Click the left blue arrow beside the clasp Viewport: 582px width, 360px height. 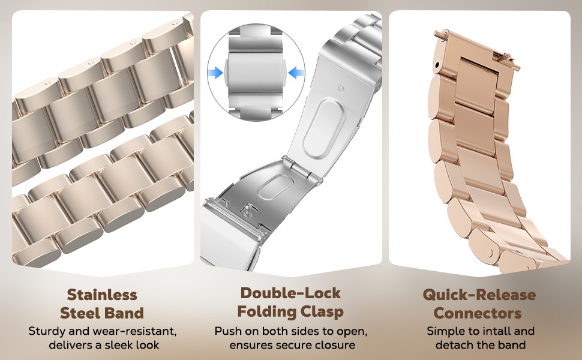[215, 73]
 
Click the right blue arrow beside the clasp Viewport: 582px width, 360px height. [296, 73]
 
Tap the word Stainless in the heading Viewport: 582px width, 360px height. [102, 295]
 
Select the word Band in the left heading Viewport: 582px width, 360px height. [125, 313]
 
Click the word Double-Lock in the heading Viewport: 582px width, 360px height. [290, 293]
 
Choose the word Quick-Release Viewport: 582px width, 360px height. [479, 295]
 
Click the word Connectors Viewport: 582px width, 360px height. [478, 313]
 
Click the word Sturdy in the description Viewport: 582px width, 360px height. [43, 331]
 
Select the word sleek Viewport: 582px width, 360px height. [118, 345]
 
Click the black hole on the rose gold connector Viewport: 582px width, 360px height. [437, 65]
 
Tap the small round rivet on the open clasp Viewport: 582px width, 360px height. [341, 88]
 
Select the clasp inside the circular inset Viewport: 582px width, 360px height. [256, 73]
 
